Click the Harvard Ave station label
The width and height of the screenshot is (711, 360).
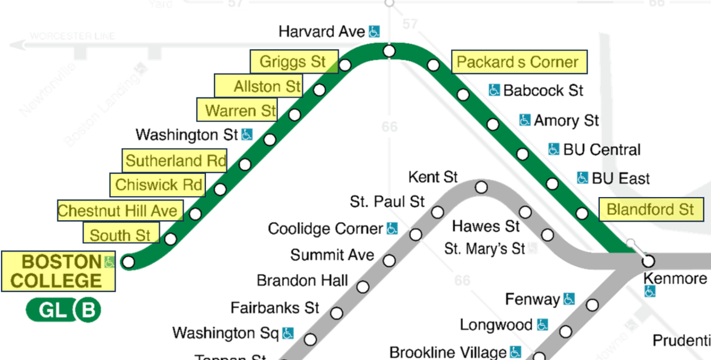322,32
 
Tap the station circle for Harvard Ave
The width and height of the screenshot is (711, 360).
389,51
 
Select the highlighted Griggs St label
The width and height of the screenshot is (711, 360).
294,62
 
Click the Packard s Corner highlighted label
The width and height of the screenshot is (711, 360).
519,62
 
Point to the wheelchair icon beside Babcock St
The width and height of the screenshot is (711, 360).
494,90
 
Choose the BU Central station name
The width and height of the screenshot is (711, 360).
602,149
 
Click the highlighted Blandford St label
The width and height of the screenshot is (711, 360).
650,210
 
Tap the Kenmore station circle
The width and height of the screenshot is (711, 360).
648,261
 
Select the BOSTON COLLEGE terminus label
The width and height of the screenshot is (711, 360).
58,271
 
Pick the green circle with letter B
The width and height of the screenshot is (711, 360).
88,311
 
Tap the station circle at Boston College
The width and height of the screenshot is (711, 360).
129,262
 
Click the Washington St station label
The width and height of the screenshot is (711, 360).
187,135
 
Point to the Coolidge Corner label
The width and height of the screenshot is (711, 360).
325,229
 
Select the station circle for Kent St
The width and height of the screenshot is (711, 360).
481,188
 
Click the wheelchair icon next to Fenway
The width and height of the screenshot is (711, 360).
569,299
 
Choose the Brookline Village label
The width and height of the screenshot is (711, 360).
448,352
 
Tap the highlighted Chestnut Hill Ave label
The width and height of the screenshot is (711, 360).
119,211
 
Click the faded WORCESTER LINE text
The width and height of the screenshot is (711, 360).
73,36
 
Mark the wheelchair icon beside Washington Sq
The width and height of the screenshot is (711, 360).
288,333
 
